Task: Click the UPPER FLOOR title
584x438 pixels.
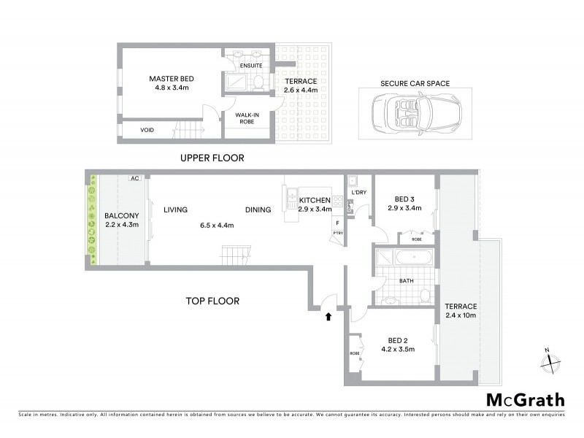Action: pos(213,158)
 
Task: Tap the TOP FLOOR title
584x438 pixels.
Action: pos(212,300)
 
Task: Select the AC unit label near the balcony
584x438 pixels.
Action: pos(134,177)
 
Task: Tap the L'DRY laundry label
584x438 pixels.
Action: pos(358,193)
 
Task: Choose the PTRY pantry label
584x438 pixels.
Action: pos(337,233)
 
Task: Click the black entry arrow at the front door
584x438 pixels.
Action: pos(328,316)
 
